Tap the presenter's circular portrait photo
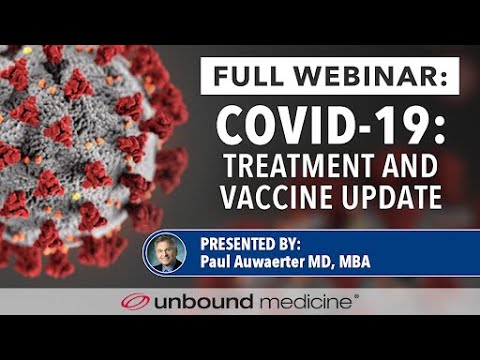click(166, 253)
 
